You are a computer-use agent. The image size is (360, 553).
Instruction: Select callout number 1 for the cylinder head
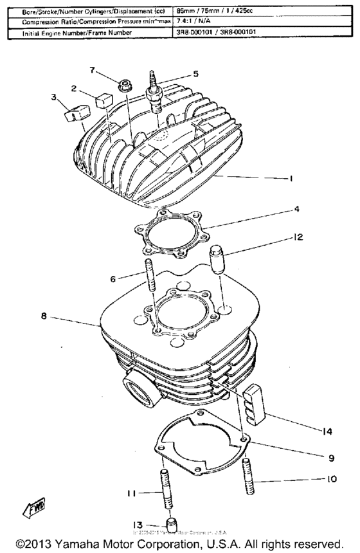tap(291, 179)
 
